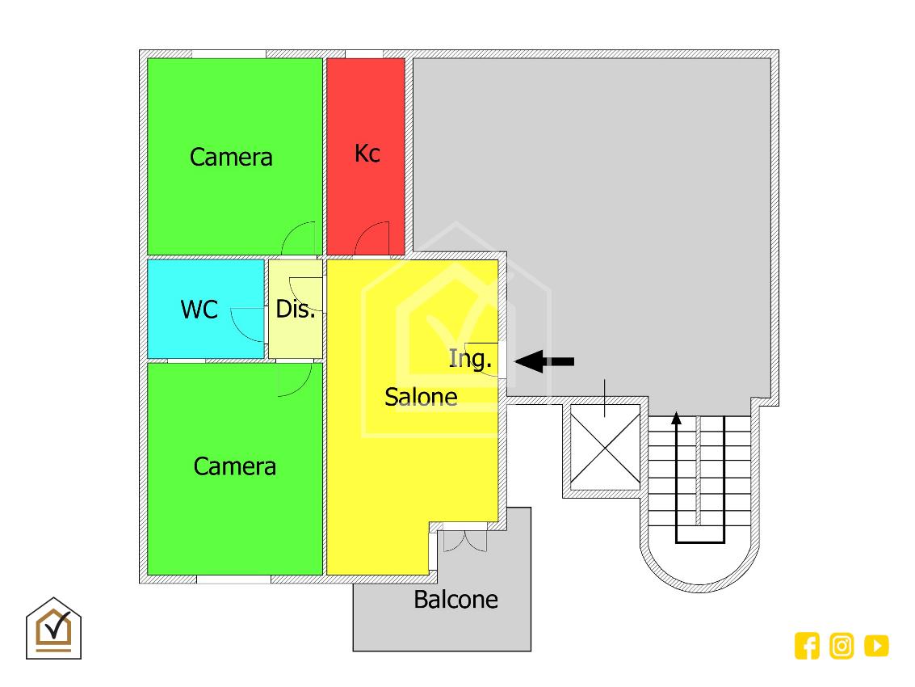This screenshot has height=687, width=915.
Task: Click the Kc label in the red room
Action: click(367, 153)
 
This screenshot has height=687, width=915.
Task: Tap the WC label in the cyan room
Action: click(199, 309)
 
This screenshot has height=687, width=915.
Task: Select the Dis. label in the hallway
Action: click(296, 309)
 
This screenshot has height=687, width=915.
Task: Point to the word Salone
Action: click(421, 397)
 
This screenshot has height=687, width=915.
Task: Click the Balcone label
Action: click(455, 600)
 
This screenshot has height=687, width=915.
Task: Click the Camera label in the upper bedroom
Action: click(231, 157)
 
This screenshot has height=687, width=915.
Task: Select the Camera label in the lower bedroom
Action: click(235, 466)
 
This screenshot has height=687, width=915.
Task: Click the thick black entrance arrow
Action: click(545, 361)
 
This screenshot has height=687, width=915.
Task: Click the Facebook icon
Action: click(807, 646)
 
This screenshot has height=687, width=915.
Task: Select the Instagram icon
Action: click(842, 646)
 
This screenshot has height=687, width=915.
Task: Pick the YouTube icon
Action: click(876, 646)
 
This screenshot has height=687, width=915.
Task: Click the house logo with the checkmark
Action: click(54, 628)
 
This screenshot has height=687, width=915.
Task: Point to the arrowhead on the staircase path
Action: click(677, 419)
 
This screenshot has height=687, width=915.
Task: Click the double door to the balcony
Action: click(464, 539)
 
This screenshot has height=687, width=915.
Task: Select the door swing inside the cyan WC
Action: click(248, 323)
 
